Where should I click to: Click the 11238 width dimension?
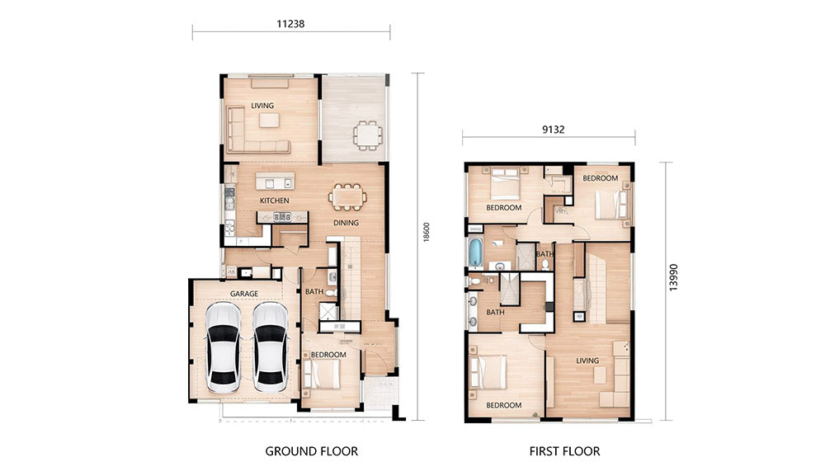[290, 24]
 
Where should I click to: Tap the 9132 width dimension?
[553, 130]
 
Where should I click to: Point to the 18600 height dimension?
[427, 232]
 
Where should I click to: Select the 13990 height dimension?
[673, 277]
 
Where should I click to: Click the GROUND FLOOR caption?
[312, 451]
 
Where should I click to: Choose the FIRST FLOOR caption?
[564, 451]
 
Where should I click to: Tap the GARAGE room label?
[244, 294]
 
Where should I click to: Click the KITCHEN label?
[274, 200]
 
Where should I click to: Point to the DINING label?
[346, 223]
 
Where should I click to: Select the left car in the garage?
[223, 346]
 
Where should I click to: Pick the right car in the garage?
[271, 346]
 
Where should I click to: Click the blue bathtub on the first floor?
[475, 253]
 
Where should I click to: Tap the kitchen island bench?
[275, 181]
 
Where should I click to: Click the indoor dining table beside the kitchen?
[348, 197]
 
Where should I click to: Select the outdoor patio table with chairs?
[367, 135]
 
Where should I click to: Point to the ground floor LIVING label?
[262, 106]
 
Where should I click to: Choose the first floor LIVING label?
[587, 361]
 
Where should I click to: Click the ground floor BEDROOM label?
[328, 355]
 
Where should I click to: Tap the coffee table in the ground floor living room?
[270, 120]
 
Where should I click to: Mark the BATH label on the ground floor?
[314, 291]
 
